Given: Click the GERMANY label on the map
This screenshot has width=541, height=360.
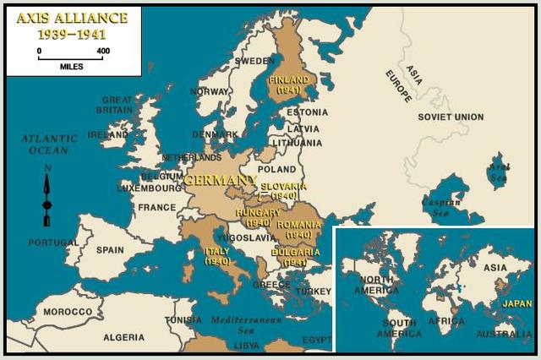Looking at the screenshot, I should (219, 180).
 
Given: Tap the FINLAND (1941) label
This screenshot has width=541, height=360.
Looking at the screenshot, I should (287, 85).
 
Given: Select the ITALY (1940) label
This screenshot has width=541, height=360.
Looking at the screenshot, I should (217, 256).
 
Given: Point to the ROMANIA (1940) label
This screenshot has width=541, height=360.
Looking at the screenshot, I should (298, 229).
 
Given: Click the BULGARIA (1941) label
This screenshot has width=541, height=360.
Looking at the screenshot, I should (295, 257).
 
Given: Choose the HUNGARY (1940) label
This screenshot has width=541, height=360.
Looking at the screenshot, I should (257, 217).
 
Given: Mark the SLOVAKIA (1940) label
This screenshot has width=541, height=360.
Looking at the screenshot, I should (283, 190).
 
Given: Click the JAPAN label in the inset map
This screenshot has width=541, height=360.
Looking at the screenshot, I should (516, 303).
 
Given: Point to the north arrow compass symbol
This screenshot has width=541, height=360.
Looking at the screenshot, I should (46, 198).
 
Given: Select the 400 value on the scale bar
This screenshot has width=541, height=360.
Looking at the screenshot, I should (103, 52).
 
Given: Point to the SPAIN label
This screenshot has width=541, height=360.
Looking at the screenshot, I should (110, 250).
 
